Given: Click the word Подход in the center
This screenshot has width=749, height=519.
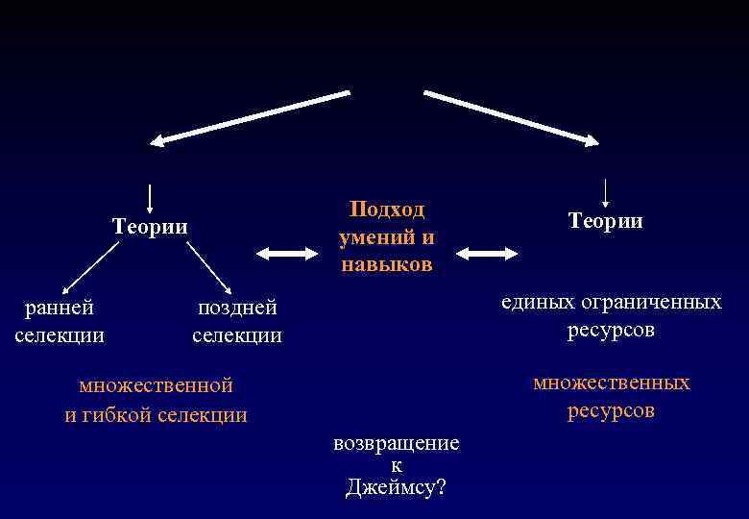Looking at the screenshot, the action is pyautogui.click(x=387, y=210).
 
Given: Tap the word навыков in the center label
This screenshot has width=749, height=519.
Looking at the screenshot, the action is pyautogui.click(x=387, y=263).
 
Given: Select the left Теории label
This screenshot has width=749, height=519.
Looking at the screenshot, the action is pyautogui.click(x=150, y=227).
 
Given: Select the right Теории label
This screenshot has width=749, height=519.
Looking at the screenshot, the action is pyautogui.click(x=605, y=221).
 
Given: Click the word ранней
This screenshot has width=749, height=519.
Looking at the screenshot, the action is pyautogui.click(x=60, y=308).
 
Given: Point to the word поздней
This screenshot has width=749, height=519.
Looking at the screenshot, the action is pyautogui.click(x=237, y=308).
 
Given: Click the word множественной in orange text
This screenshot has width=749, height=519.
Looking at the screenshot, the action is pyautogui.click(x=156, y=385).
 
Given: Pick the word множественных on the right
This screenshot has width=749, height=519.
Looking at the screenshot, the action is pyautogui.click(x=612, y=383).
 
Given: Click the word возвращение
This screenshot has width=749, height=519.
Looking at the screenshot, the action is pyautogui.click(x=396, y=443).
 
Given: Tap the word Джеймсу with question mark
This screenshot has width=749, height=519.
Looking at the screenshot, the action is pyautogui.click(x=396, y=486).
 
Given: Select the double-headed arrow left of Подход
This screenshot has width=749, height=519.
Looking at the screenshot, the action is pyautogui.click(x=287, y=253).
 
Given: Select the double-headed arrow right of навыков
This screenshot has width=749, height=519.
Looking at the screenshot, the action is pyautogui.click(x=487, y=254).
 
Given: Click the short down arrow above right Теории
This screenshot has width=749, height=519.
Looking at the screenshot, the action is pyautogui.click(x=605, y=191).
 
